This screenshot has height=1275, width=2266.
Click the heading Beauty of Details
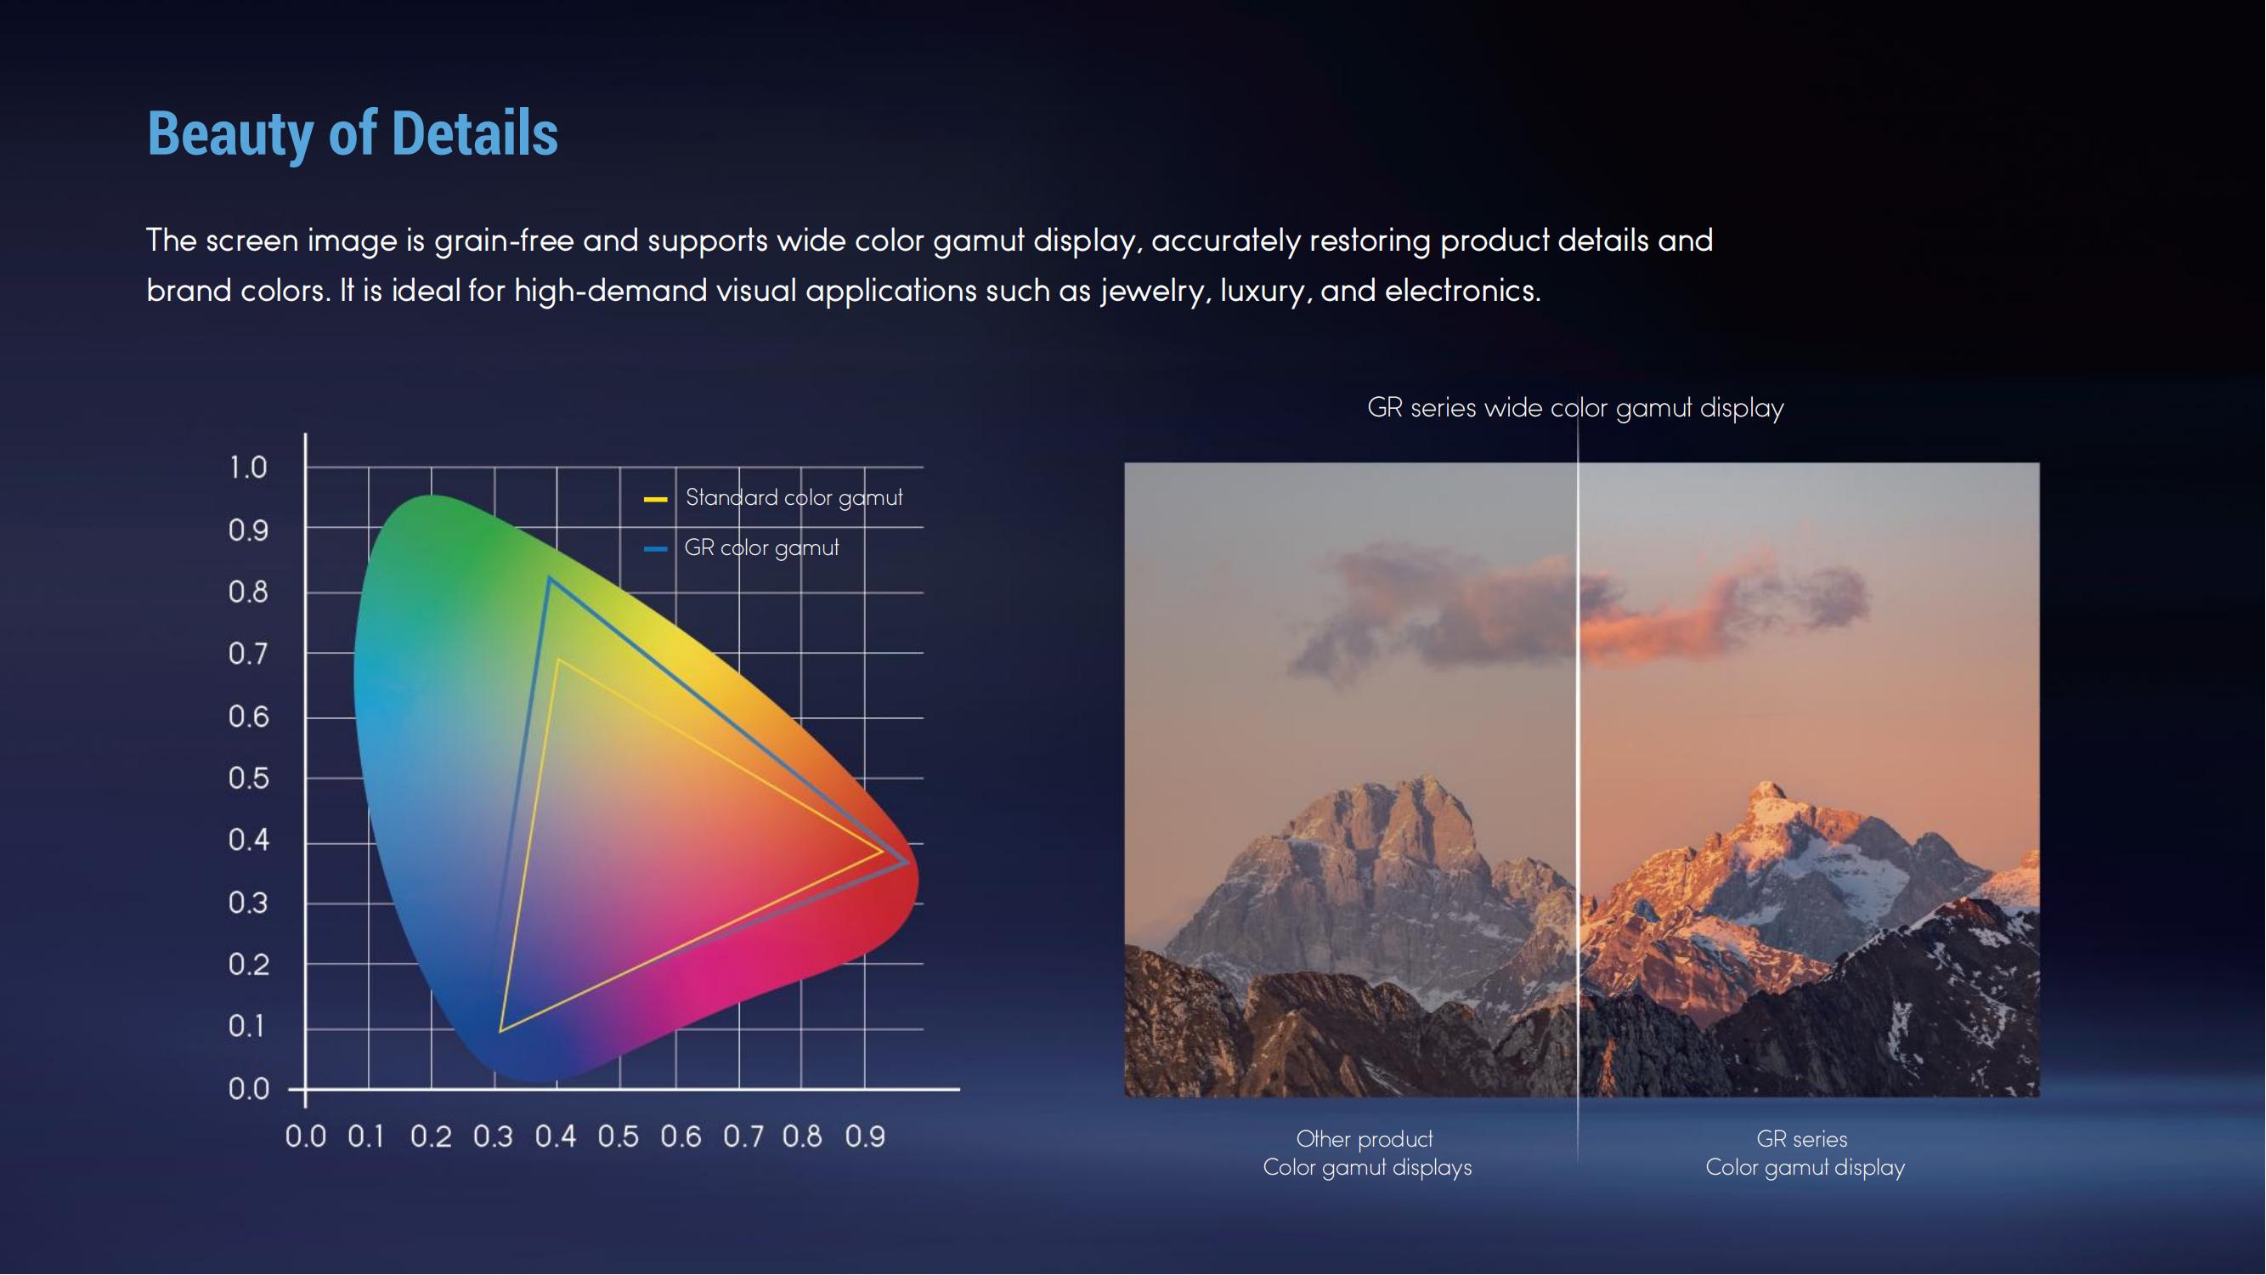point(352,133)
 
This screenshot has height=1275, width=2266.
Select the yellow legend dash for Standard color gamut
point(655,499)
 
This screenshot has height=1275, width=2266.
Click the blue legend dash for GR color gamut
point(655,549)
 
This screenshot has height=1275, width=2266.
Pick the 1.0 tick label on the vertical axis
point(248,467)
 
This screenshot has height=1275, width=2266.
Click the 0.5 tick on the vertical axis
point(248,779)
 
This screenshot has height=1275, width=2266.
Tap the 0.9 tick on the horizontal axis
point(865,1136)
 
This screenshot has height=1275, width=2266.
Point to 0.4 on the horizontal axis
point(556,1136)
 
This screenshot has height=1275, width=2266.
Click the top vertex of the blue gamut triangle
point(550,578)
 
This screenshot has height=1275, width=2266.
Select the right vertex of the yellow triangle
point(882,851)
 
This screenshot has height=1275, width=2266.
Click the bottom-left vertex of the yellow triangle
point(500,1030)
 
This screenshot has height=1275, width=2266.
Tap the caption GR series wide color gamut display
point(1575,408)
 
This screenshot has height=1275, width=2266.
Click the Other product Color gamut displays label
point(1367,1153)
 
